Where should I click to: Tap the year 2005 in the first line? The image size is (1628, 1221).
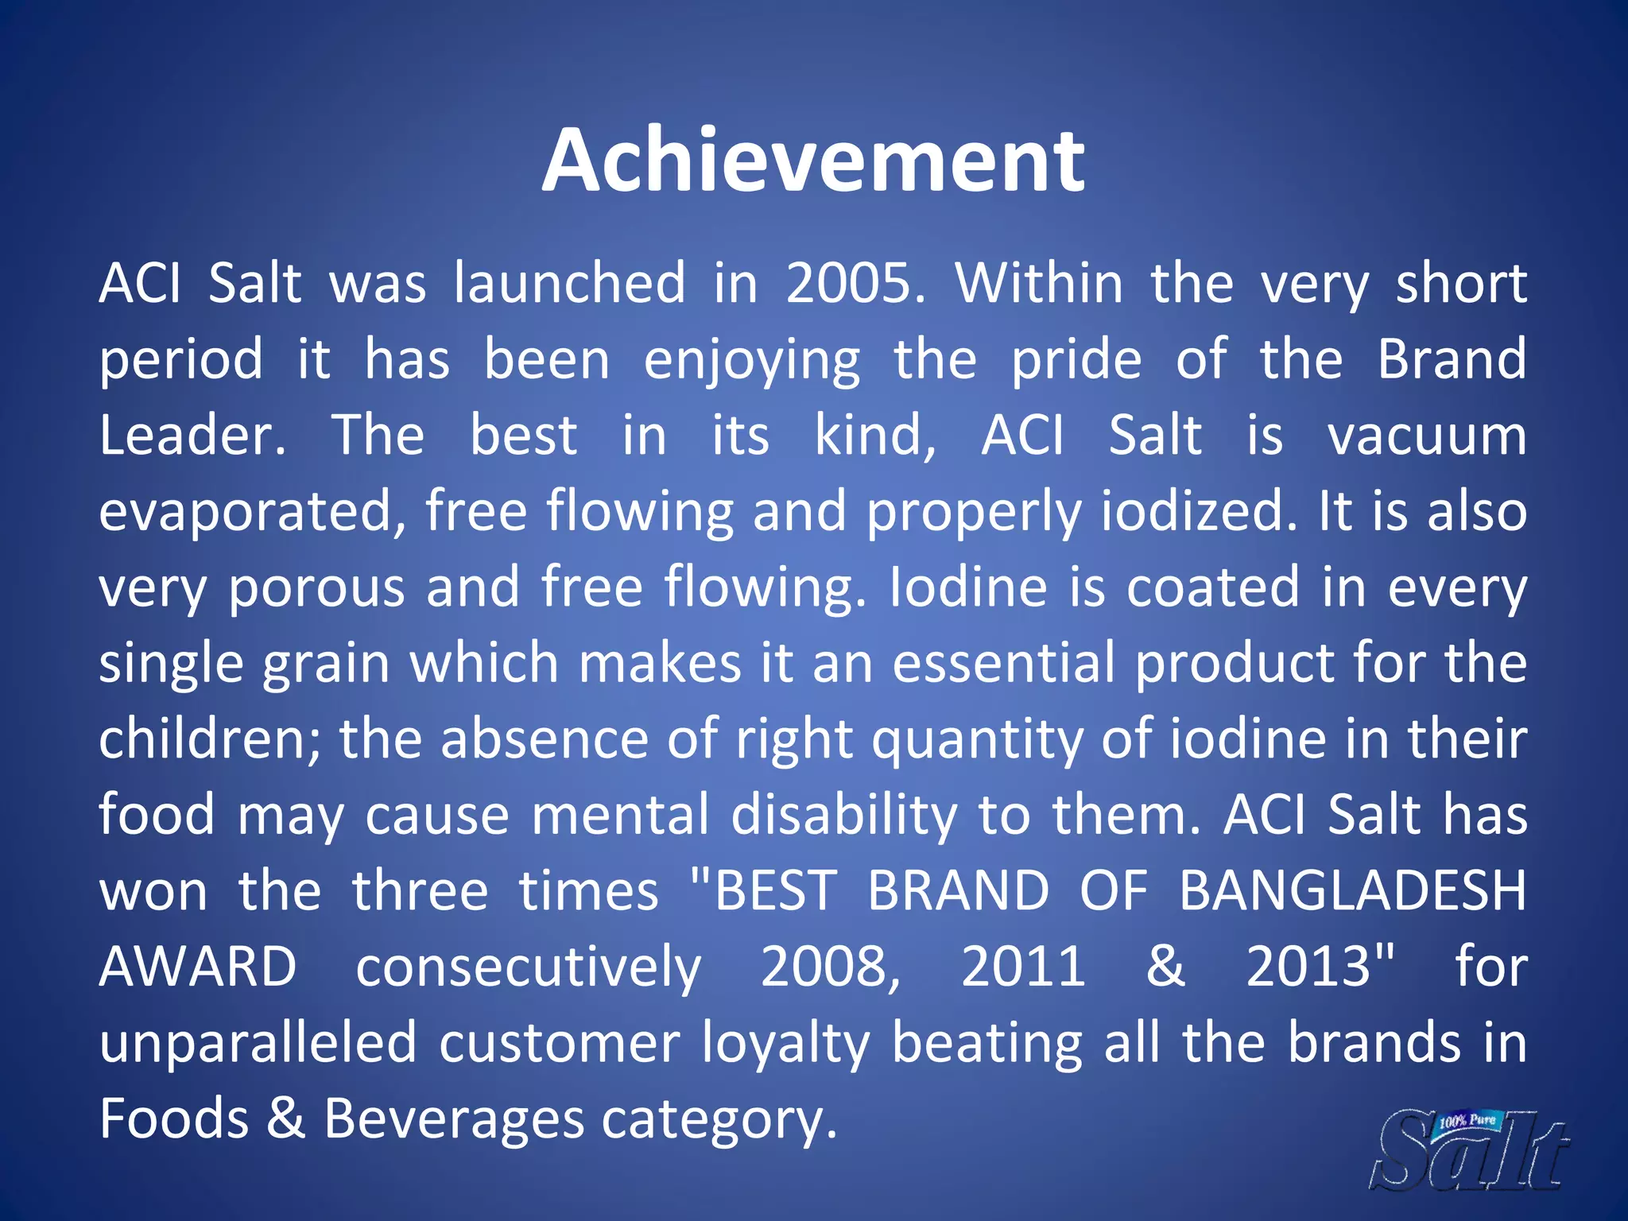coord(854,283)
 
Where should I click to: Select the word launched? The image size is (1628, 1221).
coord(569,283)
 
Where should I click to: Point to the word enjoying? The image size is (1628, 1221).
coord(751,360)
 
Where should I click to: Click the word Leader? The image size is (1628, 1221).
coord(192,436)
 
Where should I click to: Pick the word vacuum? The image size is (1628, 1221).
coord(1427,436)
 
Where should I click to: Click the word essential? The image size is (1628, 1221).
coord(1004,664)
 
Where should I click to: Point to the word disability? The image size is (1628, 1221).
coord(843,816)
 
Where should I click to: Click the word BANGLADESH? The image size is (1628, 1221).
coord(1352,891)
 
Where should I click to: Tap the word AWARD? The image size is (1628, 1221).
coord(198,967)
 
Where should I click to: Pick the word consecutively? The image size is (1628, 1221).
coord(529,967)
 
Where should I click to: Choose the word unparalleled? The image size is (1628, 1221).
coord(258,1043)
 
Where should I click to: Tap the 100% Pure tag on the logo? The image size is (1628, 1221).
coord(1467,1121)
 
